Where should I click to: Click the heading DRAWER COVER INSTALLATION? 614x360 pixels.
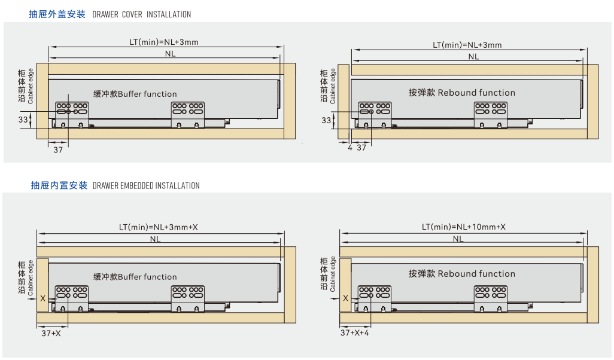142,14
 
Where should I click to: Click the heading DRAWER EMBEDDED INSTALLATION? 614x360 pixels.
146,186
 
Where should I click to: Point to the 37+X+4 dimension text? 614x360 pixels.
355,333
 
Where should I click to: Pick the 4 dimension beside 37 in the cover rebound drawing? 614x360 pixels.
350,148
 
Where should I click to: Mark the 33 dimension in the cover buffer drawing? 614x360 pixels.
23,120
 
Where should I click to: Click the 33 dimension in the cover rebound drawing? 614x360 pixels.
326,120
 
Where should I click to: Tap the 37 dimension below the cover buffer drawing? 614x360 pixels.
58,150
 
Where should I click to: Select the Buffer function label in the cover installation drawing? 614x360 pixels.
135,94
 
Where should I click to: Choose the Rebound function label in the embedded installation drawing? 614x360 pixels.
461,274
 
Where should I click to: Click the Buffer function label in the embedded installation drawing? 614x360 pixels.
135,277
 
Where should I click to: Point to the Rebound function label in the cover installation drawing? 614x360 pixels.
461,93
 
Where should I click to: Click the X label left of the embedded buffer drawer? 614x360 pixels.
42,298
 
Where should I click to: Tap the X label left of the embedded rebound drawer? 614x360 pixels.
345,298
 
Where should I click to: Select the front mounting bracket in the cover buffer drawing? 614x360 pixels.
72,113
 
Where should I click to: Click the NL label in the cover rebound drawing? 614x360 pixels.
473,57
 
